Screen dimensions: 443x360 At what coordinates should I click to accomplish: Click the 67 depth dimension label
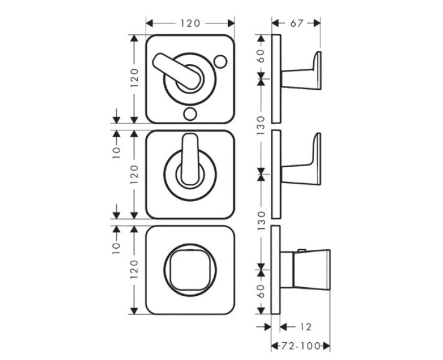tap(297, 23)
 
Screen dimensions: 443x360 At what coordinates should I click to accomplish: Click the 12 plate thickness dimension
tap(306, 327)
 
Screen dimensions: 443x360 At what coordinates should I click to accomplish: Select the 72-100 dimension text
tap(300, 346)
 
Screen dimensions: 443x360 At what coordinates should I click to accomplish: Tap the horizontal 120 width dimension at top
tap(190, 23)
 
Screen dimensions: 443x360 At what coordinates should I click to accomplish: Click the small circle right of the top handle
tap(220, 61)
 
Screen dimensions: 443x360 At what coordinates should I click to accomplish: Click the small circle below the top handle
tap(190, 114)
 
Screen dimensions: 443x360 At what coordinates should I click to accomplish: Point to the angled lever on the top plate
tap(176, 71)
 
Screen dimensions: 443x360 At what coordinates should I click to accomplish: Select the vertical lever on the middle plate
tap(190, 159)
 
